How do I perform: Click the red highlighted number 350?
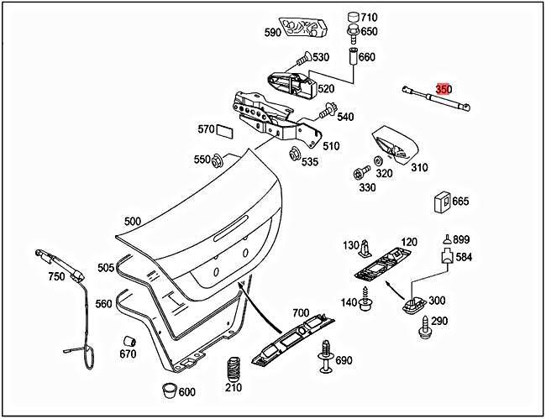(x=444, y=89)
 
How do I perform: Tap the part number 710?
(x=369, y=17)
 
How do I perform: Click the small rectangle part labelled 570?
(x=226, y=131)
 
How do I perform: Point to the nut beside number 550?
(x=218, y=160)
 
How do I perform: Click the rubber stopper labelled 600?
(x=168, y=390)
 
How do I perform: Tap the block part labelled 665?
(x=440, y=202)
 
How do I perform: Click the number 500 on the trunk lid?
(x=132, y=222)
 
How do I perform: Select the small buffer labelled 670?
(x=130, y=341)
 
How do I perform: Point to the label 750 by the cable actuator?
(x=56, y=277)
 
